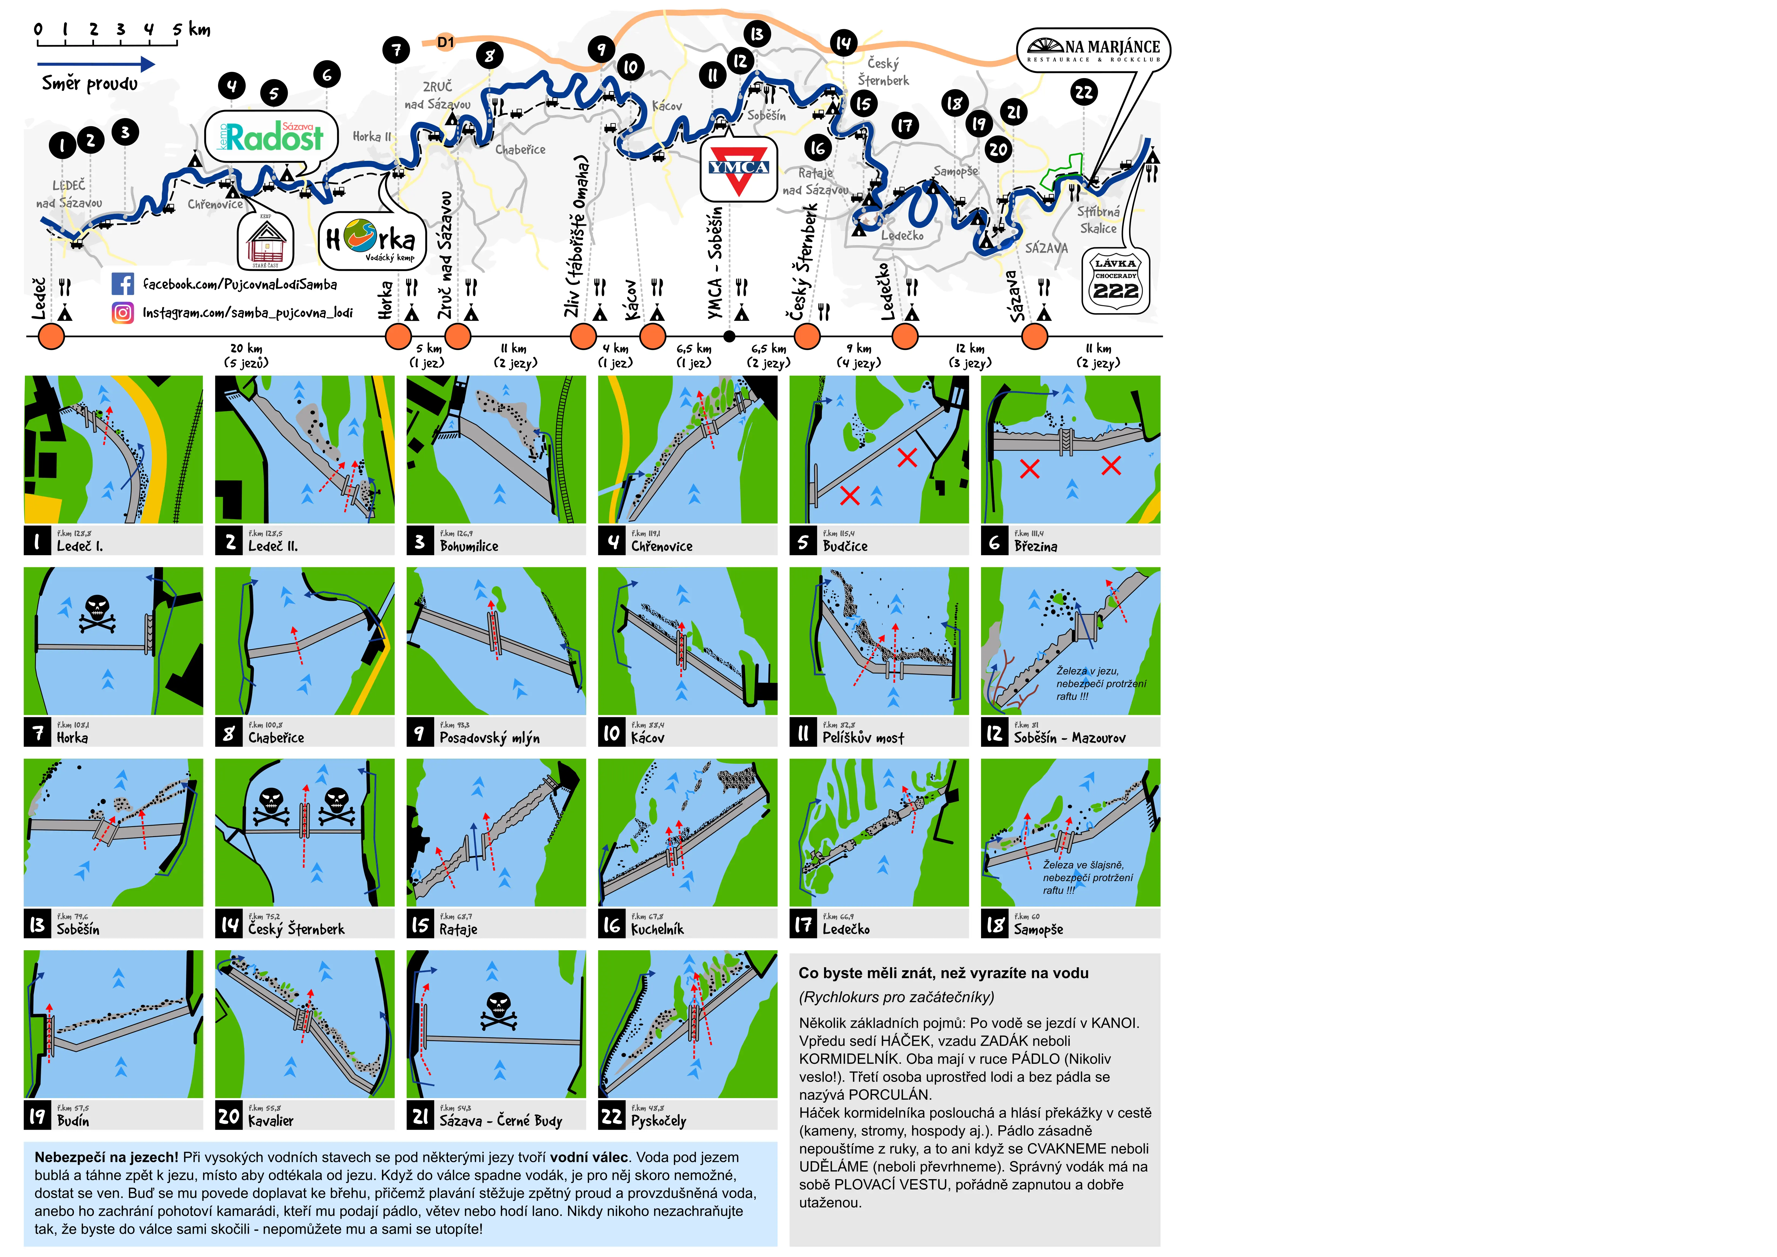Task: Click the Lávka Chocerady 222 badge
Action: [x=1115, y=282]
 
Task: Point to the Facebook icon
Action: [x=122, y=284]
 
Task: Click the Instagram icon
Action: [x=122, y=313]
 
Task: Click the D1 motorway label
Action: [x=446, y=42]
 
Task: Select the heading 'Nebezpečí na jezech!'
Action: [x=106, y=1157]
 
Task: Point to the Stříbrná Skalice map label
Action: [x=1098, y=220]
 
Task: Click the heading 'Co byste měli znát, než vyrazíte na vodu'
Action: [x=943, y=973]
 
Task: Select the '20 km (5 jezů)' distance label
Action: [x=246, y=355]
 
